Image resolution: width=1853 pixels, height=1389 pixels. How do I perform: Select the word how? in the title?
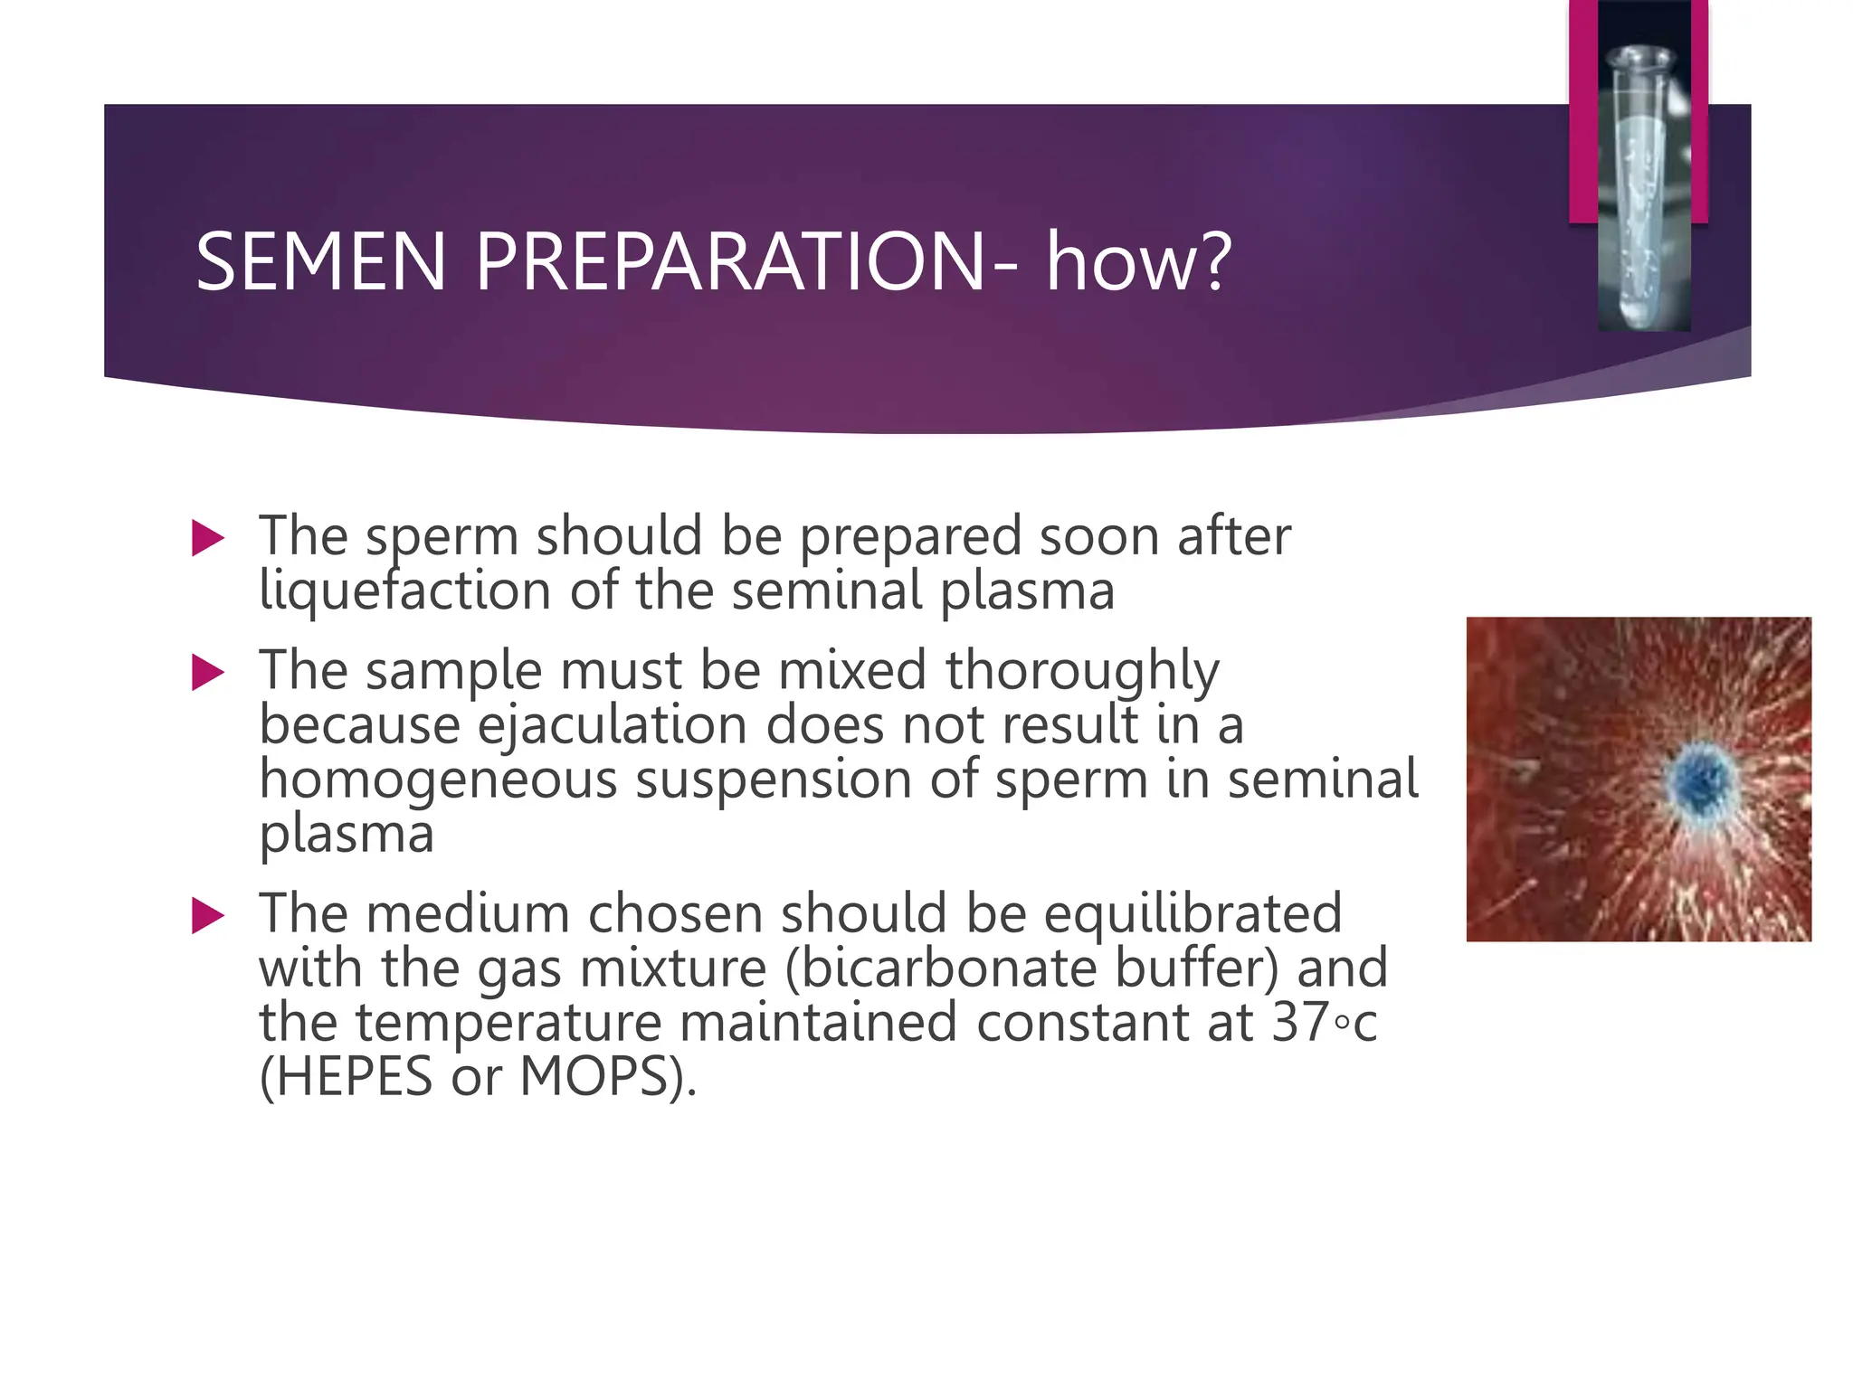tap(1138, 262)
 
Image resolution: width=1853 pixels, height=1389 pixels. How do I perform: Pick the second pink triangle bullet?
tap(208, 673)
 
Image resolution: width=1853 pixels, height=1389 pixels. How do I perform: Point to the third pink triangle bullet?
tap(208, 916)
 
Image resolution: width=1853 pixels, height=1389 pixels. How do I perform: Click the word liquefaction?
tap(404, 591)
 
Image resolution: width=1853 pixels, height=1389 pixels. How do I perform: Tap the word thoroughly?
tap(1082, 671)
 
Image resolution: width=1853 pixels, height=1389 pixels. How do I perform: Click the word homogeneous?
tap(438, 780)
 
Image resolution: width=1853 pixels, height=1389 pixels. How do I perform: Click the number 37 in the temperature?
tap(1303, 1022)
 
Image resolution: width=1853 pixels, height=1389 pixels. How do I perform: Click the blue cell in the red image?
tap(1701, 780)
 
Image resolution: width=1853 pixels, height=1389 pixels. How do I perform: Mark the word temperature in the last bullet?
tap(508, 1022)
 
